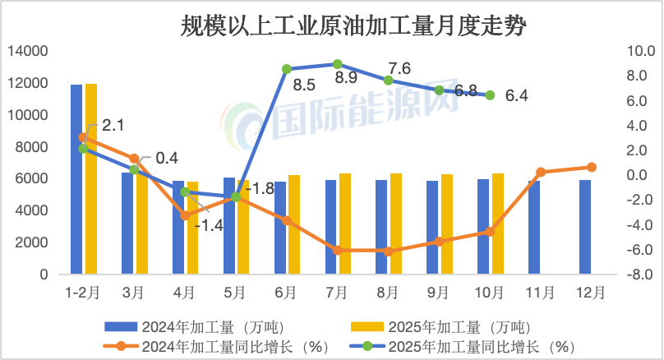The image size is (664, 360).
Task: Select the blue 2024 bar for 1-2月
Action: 76,181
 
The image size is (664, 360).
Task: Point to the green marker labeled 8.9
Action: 338,63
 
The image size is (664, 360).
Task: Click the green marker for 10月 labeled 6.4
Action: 490,95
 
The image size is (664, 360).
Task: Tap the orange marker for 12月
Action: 592,167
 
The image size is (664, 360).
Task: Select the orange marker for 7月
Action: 338,250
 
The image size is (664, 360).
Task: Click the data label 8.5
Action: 304,84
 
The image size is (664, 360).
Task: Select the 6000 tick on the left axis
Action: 34,179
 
